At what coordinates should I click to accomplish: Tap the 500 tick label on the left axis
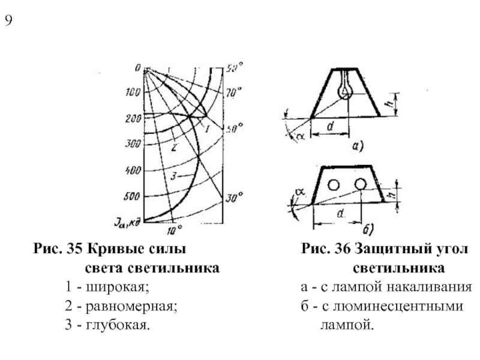(x=133, y=196)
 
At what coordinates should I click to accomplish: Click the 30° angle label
(x=234, y=196)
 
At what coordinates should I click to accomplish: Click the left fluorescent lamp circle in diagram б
(x=334, y=184)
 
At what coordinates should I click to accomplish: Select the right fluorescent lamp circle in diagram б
(x=360, y=184)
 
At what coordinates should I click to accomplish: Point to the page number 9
(x=8, y=22)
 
